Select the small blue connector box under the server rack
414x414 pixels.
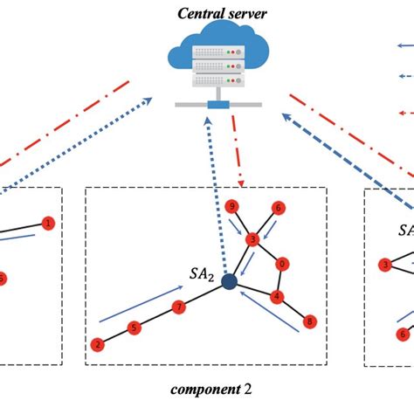(218, 106)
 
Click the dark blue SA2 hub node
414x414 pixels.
(230, 282)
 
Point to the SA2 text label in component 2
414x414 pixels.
(202, 273)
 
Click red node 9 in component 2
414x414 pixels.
(231, 207)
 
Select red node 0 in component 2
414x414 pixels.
(280, 263)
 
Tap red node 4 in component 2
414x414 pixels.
(276, 295)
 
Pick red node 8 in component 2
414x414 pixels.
(309, 321)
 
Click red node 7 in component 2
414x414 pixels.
(178, 307)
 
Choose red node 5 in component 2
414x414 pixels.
(135, 328)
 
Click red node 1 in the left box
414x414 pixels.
(47, 223)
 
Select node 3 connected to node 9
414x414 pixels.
(252, 238)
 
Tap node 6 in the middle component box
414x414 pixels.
(278, 208)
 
